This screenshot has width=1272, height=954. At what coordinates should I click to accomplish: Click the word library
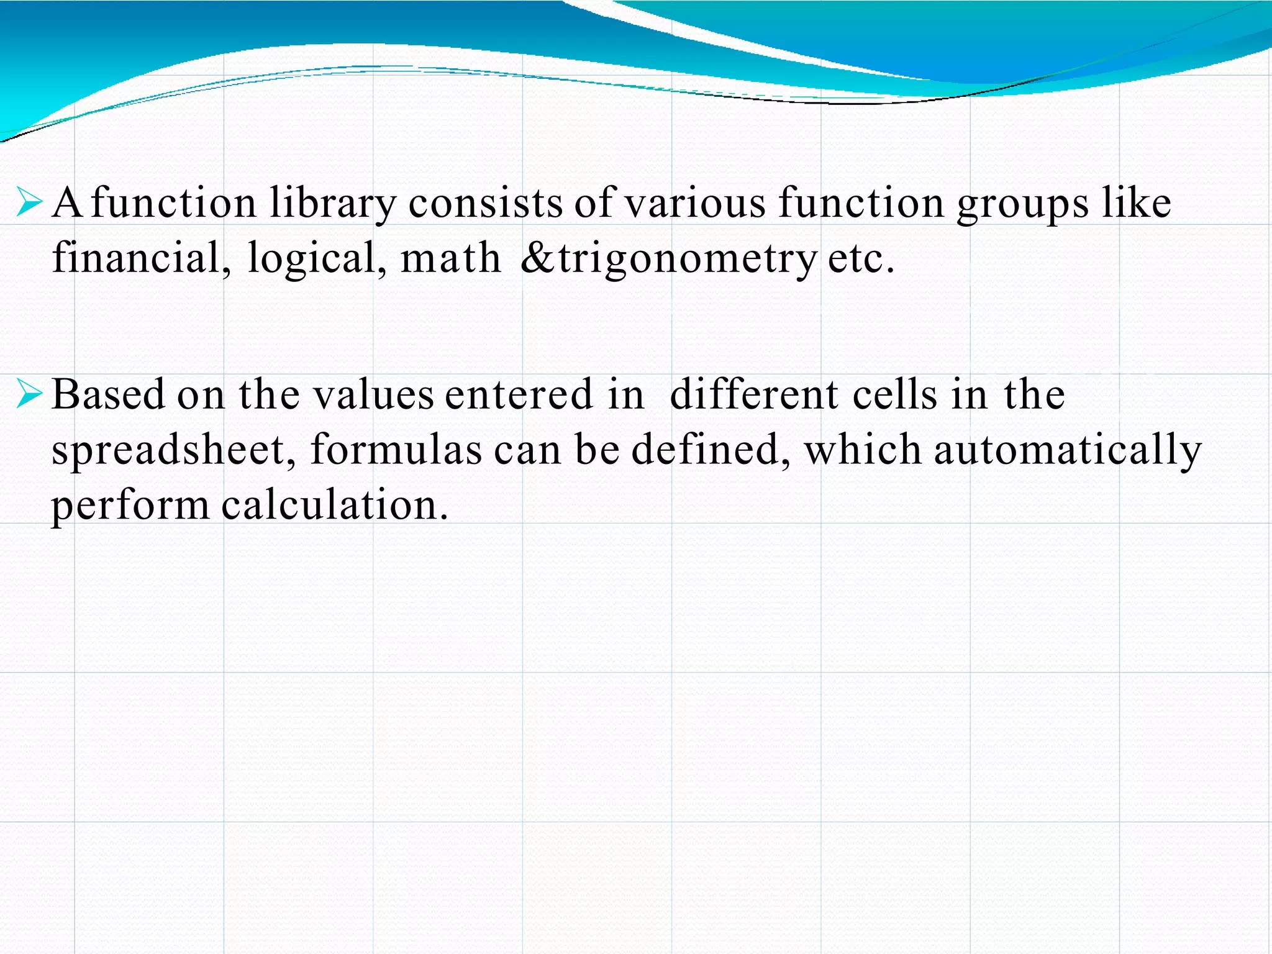(x=332, y=204)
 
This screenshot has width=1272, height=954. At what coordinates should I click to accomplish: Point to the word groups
(x=1022, y=204)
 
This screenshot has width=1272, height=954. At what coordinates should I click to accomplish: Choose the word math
(x=450, y=258)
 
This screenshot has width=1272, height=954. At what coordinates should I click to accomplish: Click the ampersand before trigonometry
(x=538, y=258)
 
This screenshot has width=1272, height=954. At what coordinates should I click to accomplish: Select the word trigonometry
(x=687, y=258)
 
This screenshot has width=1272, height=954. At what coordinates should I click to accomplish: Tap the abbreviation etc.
(x=861, y=258)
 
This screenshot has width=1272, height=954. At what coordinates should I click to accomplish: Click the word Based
(x=109, y=394)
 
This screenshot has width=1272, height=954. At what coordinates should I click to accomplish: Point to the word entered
(x=519, y=394)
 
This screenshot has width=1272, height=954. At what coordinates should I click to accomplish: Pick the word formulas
(x=396, y=450)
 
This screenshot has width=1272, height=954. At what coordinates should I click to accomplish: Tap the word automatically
(x=1068, y=450)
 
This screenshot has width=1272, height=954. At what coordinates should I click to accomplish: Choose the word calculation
(x=335, y=504)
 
